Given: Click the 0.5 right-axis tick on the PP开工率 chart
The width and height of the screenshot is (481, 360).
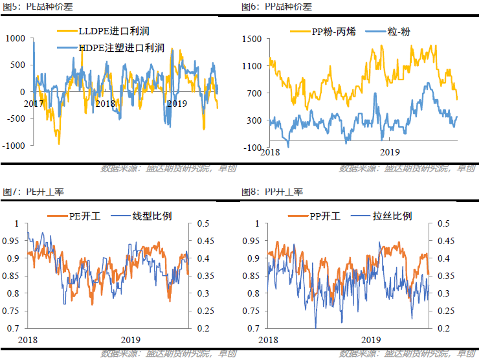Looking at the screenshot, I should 443,223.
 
